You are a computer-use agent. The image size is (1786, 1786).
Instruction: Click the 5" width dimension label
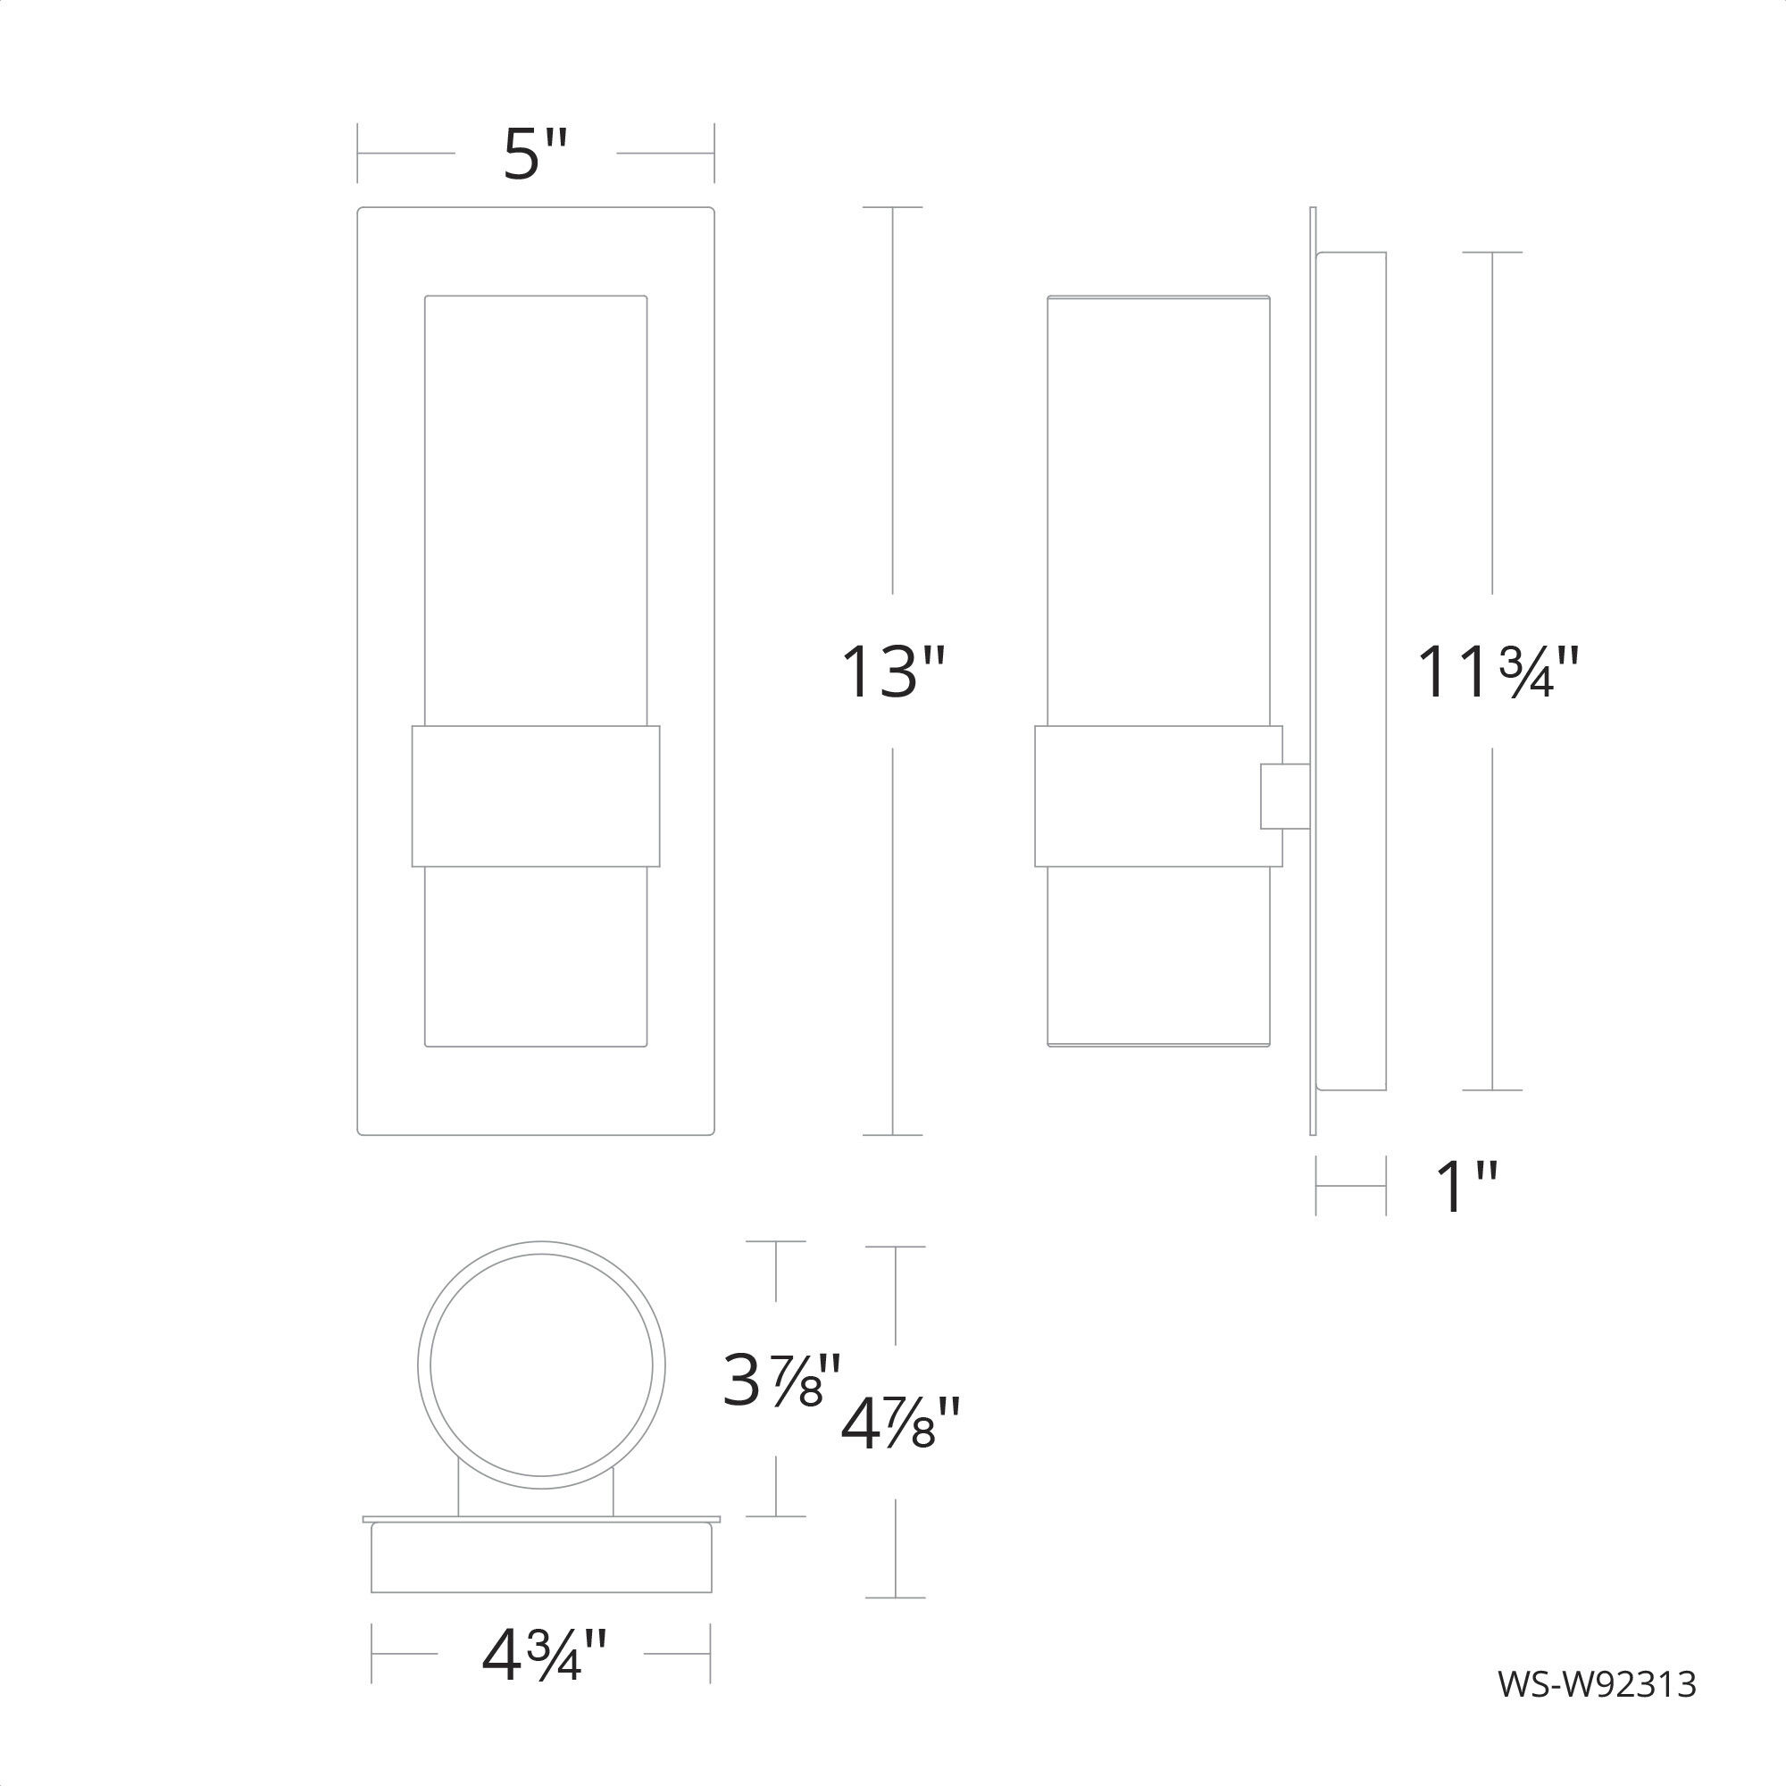tap(534, 154)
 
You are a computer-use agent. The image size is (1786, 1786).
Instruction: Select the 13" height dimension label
tap(892, 672)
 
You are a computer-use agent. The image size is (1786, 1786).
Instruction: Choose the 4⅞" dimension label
tap(899, 1423)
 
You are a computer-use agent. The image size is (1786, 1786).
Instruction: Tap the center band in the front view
tap(535, 796)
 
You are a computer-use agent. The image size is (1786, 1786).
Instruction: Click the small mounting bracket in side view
tap(1285, 796)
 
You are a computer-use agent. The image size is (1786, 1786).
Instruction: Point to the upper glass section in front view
tap(535, 508)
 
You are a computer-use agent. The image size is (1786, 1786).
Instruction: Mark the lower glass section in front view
tap(535, 956)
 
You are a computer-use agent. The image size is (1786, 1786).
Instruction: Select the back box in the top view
tap(541, 1558)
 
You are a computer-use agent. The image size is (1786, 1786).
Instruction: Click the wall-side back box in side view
tap(1350, 672)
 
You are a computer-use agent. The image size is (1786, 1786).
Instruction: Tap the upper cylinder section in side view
tap(1158, 508)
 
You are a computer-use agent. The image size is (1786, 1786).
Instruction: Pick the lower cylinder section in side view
tap(1158, 956)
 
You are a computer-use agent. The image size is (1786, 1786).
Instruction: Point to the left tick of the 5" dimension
tap(359, 154)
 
